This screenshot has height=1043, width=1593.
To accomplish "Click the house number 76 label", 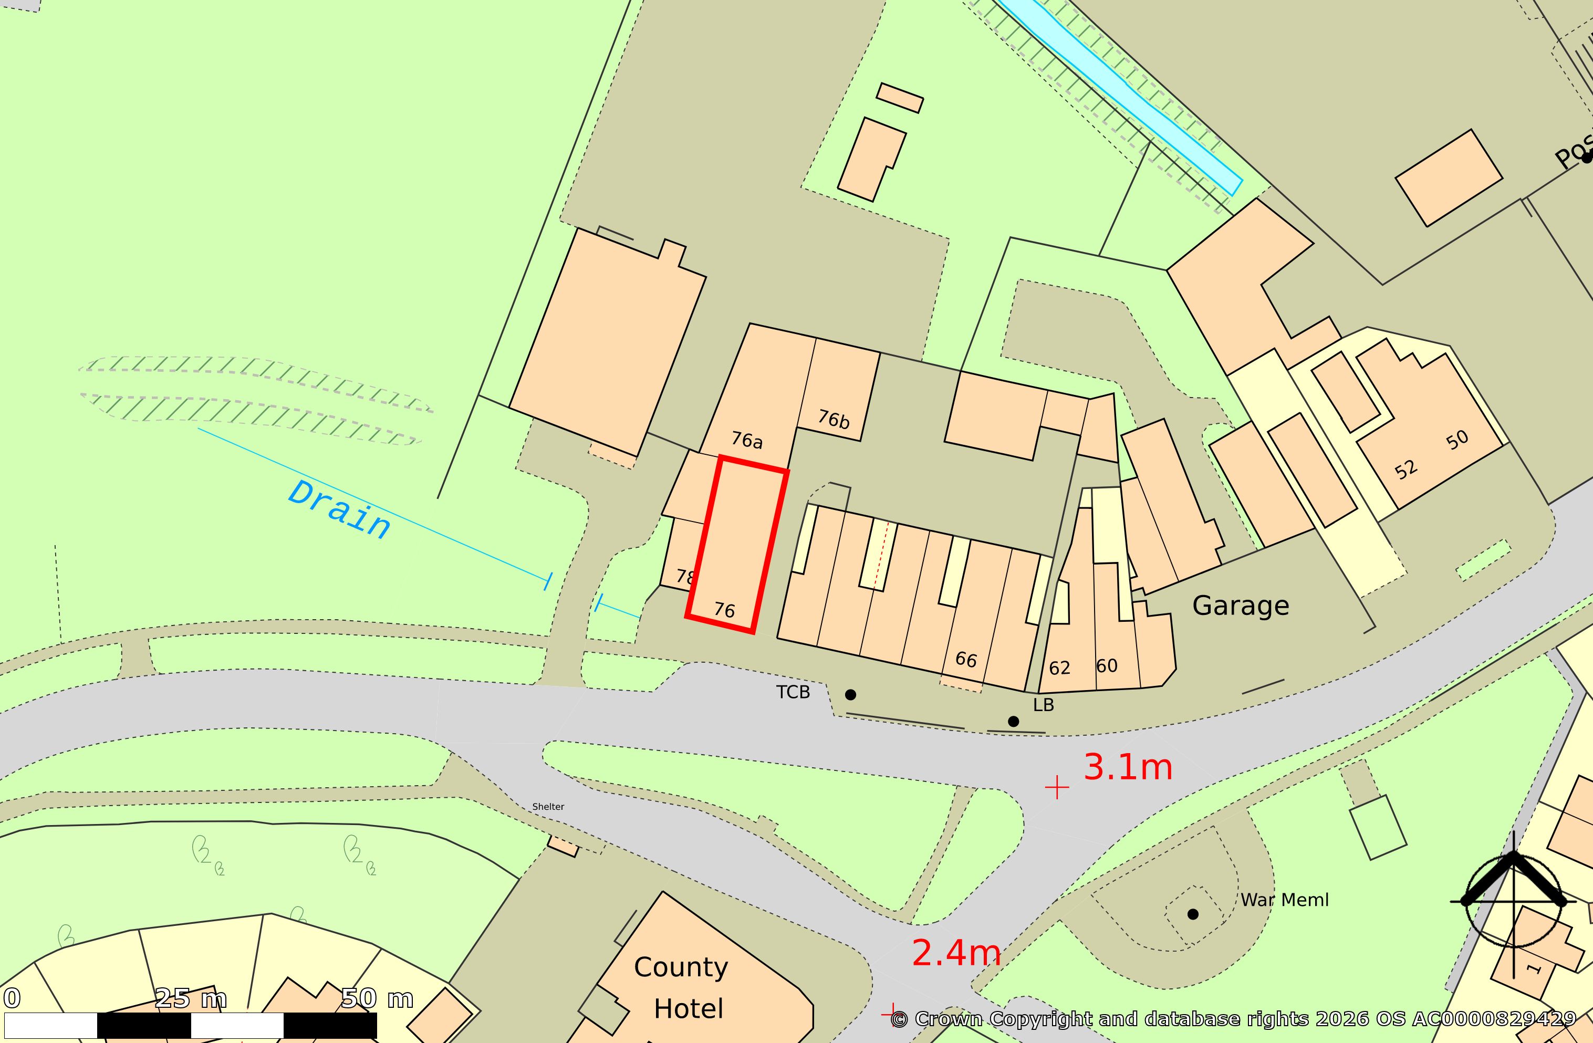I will [x=724, y=610].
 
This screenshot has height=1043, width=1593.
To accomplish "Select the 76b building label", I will [x=834, y=419].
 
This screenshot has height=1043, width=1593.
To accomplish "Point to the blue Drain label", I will [x=339, y=509].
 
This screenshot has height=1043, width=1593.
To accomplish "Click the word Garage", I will [x=1240, y=606].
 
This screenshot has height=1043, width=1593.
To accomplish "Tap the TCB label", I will [x=793, y=692].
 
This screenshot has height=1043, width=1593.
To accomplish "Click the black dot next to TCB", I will [x=850, y=695].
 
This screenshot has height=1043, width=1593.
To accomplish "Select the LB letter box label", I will [x=1043, y=705].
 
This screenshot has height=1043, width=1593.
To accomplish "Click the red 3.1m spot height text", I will [x=1128, y=767].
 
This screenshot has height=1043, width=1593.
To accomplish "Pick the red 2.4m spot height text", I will [x=956, y=953].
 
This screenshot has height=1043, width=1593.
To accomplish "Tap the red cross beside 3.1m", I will [x=1057, y=788].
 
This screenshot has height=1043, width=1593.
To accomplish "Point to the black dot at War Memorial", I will [x=1192, y=914].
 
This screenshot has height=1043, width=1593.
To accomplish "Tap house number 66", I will [x=966, y=660].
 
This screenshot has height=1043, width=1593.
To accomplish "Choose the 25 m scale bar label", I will [x=191, y=999].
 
